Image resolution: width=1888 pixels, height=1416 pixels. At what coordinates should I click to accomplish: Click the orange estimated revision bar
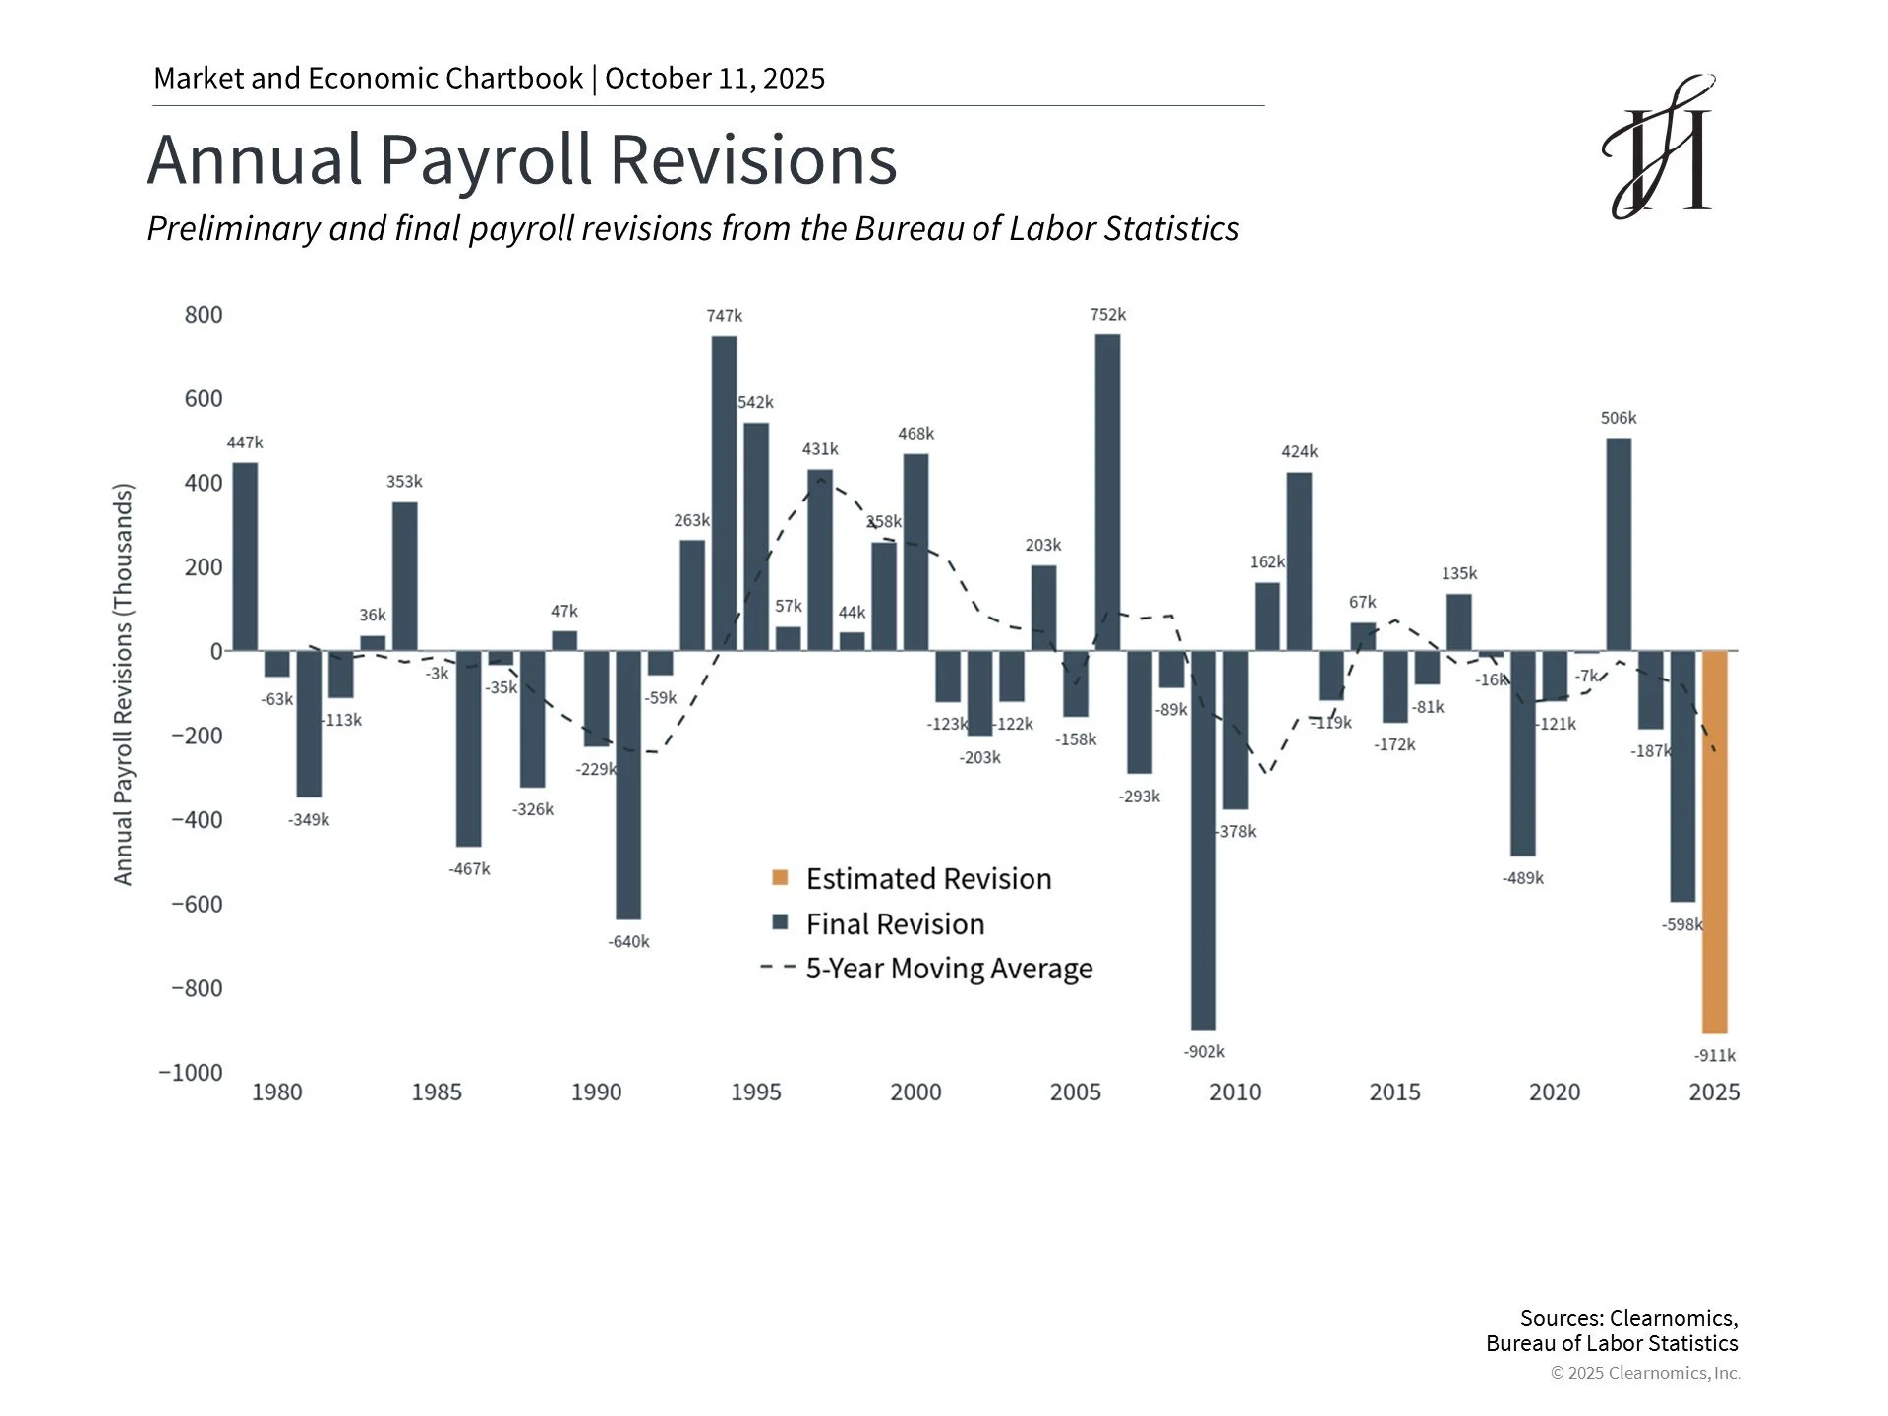[1714, 842]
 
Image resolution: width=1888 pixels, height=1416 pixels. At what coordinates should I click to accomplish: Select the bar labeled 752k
[1107, 493]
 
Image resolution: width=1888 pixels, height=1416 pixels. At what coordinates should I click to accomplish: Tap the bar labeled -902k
[1203, 840]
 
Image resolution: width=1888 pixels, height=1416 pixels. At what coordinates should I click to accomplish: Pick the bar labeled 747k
[724, 494]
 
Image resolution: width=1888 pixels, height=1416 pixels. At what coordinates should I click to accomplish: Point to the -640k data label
[628, 942]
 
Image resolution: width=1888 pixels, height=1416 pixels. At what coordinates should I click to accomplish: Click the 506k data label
[1618, 418]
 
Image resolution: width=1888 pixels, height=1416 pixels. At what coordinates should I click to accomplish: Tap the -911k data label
[1714, 1056]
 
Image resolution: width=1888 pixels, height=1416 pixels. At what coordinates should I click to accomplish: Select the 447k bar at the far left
[245, 557]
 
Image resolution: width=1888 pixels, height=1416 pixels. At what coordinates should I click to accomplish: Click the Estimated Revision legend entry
[912, 878]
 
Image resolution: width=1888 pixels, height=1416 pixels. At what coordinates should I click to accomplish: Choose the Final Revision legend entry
[878, 923]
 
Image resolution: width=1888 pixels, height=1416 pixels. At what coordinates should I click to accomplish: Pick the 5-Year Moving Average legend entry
[926, 969]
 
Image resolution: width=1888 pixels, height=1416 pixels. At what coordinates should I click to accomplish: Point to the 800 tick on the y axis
[204, 315]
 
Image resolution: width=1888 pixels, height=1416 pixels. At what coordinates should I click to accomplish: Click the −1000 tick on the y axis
[191, 1072]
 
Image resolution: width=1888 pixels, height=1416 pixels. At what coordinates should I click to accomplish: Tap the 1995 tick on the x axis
[756, 1092]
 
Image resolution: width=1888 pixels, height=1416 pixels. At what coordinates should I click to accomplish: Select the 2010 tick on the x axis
[1235, 1092]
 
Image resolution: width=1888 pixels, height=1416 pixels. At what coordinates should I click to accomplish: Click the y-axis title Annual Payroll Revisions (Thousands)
[123, 684]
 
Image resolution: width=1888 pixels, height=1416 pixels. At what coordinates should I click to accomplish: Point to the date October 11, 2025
[715, 79]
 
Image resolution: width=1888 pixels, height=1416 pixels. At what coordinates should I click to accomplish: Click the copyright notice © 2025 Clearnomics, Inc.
[1646, 1373]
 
